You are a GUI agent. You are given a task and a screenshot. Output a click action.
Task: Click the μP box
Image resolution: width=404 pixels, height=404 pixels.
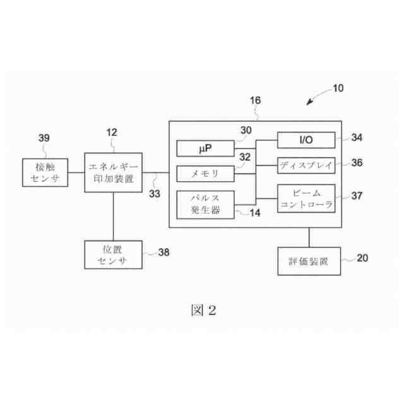point(205,148)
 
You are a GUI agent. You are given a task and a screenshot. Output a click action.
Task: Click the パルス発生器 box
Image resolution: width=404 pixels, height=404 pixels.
point(205,205)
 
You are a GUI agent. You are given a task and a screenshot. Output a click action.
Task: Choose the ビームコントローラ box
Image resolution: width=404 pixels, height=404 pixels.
point(306,198)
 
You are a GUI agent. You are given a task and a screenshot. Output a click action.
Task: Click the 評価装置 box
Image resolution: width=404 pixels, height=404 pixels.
point(309,261)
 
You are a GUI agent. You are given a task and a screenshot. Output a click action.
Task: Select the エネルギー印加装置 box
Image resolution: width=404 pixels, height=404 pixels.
point(113,173)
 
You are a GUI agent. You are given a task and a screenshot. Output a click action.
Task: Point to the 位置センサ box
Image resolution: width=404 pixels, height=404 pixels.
point(113,254)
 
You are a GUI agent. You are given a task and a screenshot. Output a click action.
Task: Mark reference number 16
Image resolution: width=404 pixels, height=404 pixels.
point(255,100)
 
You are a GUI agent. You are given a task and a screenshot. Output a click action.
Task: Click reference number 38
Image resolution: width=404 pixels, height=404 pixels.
point(164,252)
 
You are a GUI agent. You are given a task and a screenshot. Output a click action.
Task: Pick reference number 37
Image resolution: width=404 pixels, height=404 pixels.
point(357,196)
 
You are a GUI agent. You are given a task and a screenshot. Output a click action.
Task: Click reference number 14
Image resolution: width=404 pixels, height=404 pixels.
point(255,213)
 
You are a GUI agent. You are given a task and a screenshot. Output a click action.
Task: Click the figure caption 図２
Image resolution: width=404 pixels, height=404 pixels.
point(203,310)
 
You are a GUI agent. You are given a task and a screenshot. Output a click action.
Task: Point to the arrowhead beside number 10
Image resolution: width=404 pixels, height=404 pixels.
point(310,103)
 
